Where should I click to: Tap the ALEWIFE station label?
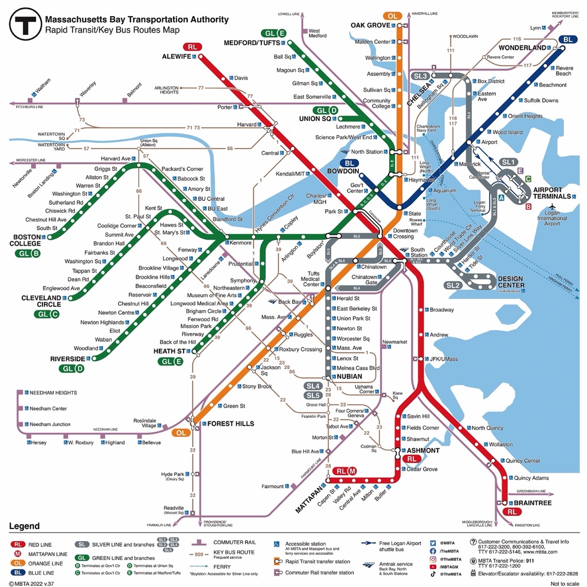tap(176, 57)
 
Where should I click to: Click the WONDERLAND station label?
tap(522, 48)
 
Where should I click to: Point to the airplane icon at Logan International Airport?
tap(552, 207)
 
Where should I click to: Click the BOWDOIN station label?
tap(343, 171)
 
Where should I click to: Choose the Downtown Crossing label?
tap(405, 233)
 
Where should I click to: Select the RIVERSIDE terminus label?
tap(67, 359)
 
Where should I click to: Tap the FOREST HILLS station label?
tap(223, 424)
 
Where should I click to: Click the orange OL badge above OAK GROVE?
tap(392, 16)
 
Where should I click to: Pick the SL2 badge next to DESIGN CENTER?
tap(453, 285)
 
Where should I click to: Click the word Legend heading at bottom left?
tap(24, 526)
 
